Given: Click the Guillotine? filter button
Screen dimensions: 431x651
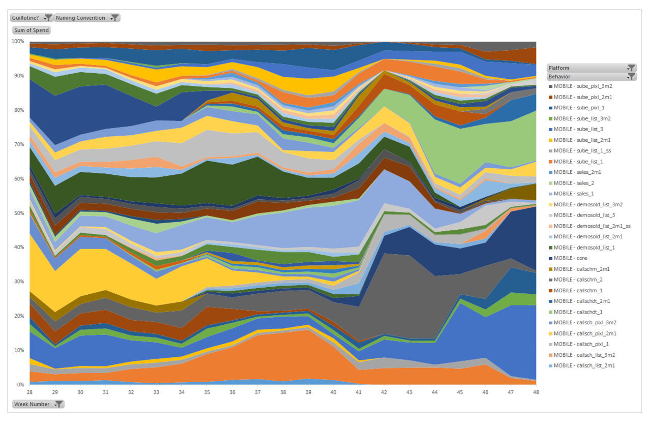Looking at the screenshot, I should (32, 18).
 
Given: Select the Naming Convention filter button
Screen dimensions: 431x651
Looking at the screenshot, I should (87, 18).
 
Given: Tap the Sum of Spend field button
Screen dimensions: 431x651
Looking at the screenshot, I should (32, 30).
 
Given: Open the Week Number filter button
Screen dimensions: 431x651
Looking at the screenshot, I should (38, 404).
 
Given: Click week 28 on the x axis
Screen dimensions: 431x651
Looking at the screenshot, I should (30, 392).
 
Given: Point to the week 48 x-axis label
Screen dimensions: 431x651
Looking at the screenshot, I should (536, 392).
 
